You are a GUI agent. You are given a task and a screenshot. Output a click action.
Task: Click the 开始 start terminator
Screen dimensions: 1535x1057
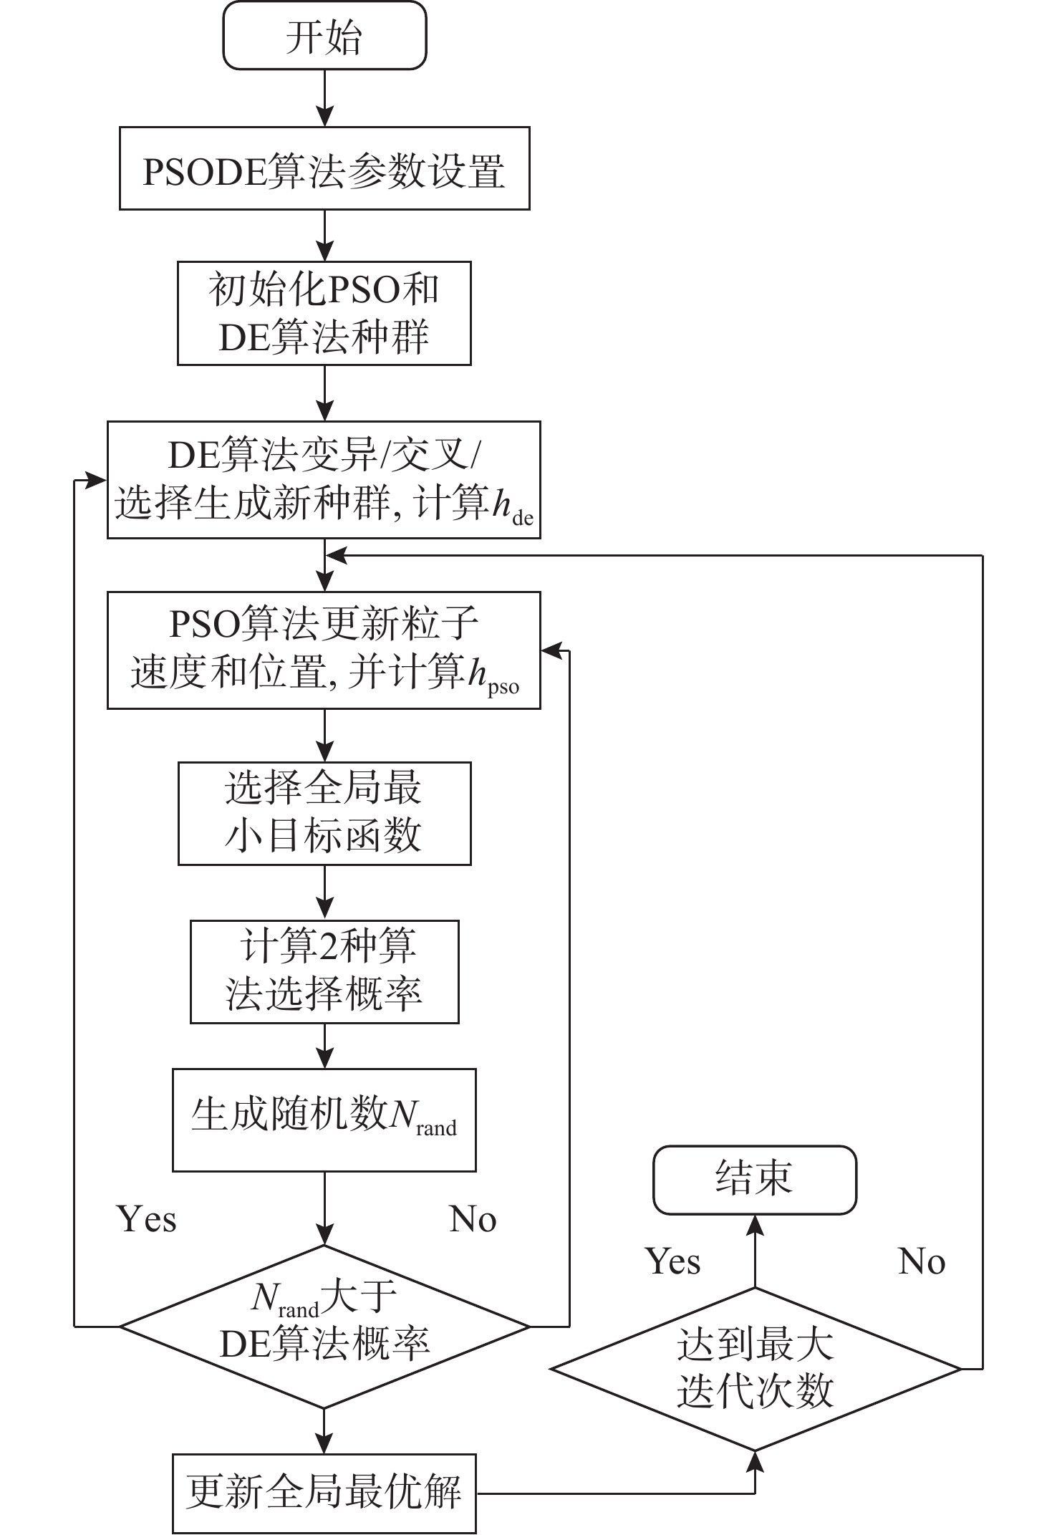click(324, 36)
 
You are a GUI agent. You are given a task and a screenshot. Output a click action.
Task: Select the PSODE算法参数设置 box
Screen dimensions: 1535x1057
click(324, 169)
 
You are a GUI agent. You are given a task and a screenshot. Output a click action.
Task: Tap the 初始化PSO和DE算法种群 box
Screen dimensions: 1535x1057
click(324, 313)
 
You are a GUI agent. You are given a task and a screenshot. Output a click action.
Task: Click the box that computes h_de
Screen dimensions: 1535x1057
click(324, 479)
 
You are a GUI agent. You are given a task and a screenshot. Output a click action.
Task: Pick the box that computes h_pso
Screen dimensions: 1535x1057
click(324, 650)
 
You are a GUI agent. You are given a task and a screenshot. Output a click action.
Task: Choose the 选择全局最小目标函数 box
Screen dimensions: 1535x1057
click(324, 813)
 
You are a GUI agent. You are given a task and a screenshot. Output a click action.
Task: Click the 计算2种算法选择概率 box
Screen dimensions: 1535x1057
click(324, 971)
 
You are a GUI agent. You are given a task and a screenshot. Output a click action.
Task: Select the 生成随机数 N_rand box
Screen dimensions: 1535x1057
click(324, 1120)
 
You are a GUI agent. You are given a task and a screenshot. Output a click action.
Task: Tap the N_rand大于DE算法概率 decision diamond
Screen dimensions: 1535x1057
click(324, 1327)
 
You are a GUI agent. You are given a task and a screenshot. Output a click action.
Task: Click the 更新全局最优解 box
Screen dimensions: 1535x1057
click(324, 1493)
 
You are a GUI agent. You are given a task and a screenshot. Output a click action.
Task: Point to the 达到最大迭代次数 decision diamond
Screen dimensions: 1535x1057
click(756, 1369)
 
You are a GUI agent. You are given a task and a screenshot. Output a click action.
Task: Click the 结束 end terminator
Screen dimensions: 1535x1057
click(755, 1180)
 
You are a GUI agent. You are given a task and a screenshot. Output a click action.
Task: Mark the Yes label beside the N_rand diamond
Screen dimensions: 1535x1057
click(146, 1219)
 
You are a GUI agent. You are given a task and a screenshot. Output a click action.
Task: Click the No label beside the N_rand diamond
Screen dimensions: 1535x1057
click(473, 1219)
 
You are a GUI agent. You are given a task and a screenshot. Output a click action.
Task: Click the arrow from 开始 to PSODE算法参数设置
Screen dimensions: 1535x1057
click(324, 98)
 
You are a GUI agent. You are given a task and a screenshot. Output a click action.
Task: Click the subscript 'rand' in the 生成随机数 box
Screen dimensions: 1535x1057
click(436, 1130)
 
